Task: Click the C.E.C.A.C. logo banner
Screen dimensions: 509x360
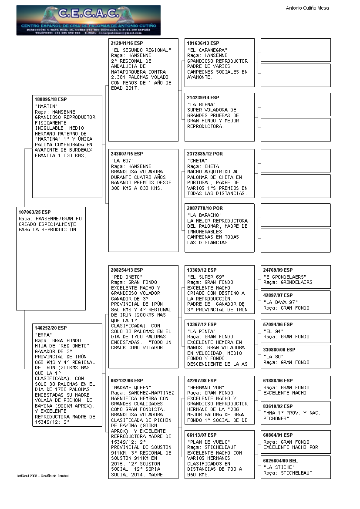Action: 88,20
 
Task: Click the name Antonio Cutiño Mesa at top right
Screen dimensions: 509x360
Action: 307,8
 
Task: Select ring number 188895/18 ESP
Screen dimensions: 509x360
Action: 50,100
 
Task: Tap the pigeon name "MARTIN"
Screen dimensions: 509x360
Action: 46,106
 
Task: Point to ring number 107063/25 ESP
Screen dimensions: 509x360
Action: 35,212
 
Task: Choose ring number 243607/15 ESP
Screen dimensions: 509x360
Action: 127,154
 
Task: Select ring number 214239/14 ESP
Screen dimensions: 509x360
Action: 203,98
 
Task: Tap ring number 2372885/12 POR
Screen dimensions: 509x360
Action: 205,154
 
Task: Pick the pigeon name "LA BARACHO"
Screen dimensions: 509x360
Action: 205,215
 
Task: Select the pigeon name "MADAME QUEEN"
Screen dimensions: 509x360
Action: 131,388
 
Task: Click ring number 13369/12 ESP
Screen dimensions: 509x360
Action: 202,270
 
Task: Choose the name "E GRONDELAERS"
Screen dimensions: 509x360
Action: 285,277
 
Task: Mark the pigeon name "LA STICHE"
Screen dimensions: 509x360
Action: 279,467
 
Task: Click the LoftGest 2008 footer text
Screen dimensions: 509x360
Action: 43,476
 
